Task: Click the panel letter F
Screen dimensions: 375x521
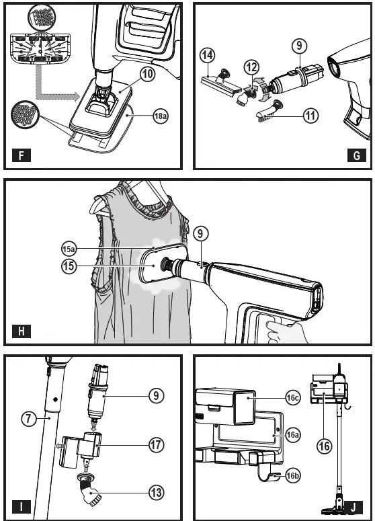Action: pos(22,155)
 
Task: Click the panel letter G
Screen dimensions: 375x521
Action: pos(356,155)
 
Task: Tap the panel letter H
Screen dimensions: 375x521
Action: pos(22,331)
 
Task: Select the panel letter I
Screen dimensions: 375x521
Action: pos(22,508)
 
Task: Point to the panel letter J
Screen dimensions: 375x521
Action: pos(353,508)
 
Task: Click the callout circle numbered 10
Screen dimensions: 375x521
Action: pos(147,74)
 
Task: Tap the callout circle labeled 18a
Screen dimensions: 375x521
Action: pos(161,116)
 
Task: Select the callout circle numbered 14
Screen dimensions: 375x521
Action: pos(208,55)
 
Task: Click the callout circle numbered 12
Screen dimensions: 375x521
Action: pos(251,68)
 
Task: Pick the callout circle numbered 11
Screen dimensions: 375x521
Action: pos(310,116)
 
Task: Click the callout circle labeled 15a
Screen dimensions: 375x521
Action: pos(69,249)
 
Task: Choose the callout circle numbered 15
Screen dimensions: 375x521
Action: pos(69,266)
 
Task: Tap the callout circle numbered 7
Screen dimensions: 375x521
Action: pos(29,418)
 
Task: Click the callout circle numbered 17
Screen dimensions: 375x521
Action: pos(156,445)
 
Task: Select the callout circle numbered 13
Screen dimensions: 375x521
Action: pos(156,493)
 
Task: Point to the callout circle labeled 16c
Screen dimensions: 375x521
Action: pos(293,398)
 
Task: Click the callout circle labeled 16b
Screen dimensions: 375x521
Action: pos(293,476)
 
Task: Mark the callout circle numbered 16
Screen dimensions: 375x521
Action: pos(324,446)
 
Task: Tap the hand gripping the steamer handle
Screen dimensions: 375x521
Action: pos(286,331)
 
